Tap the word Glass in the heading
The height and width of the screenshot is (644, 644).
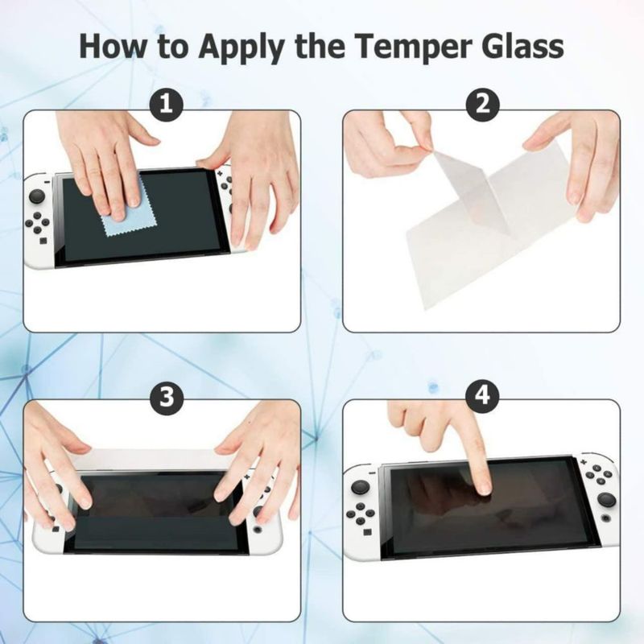522,46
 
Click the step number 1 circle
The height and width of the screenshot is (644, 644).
166,104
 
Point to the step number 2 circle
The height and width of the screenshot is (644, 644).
483,104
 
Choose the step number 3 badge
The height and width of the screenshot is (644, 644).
166,397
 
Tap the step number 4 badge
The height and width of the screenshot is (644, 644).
483,396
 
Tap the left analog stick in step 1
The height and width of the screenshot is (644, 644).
37,196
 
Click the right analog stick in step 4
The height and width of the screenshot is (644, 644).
606,500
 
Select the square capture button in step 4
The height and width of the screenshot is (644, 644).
367,532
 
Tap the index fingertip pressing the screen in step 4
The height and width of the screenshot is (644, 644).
485,488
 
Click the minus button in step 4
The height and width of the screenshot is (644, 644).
373,473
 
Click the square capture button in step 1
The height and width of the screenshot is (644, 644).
43,240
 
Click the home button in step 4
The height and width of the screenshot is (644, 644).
605,518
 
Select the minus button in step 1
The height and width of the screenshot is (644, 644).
48,181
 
